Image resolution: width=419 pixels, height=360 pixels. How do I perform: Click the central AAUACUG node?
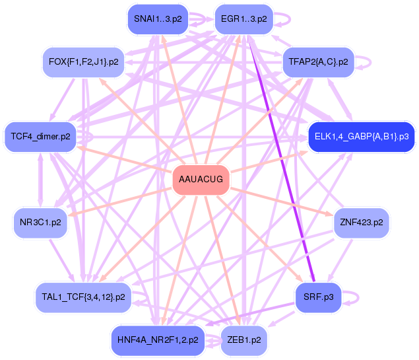pyautogui.click(x=201, y=180)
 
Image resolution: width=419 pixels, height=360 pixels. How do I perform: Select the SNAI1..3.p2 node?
pyautogui.click(x=153, y=19)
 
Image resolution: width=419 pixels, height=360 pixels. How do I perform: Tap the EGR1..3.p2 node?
pyautogui.click(x=243, y=19)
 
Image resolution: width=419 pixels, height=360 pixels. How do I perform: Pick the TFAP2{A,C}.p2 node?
pyautogui.click(x=319, y=62)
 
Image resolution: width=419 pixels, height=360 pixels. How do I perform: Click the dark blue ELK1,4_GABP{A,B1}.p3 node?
pyautogui.click(x=361, y=137)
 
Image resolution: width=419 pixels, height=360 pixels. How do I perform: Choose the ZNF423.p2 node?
pyautogui.click(x=362, y=223)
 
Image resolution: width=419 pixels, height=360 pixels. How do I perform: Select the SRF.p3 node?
pyautogui.click(x=319, y=298)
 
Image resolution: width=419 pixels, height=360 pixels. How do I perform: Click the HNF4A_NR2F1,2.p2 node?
pyautogui.click(x=157, y=340)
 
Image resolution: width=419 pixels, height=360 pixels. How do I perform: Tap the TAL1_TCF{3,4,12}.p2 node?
pyautogui.click(x=83, y=297)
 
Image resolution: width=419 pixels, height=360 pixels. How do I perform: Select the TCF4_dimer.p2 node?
pyautogui.click(x=40, y=137)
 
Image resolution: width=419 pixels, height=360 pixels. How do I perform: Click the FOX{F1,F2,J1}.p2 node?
pyautogui.click(x=83, y=62)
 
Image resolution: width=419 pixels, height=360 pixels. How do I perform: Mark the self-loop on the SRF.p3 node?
pyautogui.click(x=357, y=297)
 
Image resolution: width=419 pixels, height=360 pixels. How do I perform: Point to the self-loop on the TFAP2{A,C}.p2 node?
pyautogui.click(x=369, y=61)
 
